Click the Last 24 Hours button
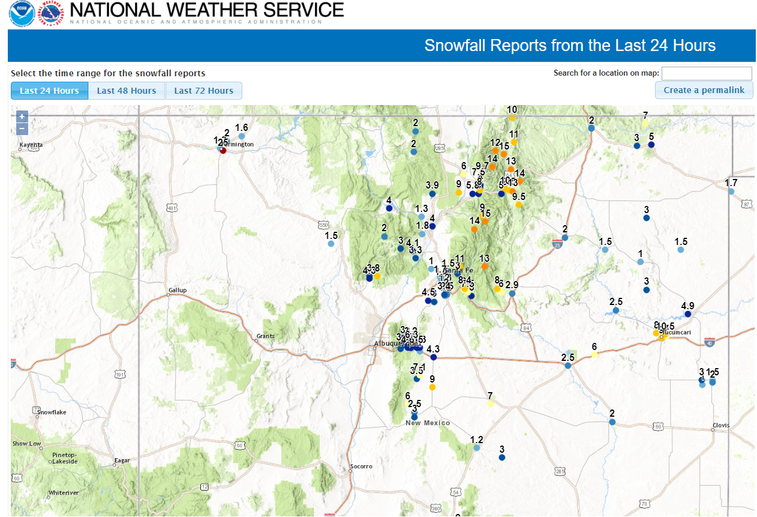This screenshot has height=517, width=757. click(49, 91)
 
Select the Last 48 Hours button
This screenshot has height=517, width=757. click(127, 91)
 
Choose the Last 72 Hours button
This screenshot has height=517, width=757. click(203, 91)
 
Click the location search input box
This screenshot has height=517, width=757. click(706, 73)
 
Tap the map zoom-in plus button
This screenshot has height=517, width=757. click(22, 116)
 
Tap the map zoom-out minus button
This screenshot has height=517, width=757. click(22, 128)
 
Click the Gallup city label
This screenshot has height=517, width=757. click(177, 290)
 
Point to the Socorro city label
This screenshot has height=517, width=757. click(361, 466)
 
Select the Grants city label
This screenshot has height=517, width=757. click(265, 336)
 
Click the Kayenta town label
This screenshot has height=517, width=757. click(31, 145)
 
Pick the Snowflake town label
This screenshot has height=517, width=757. click(52, 413)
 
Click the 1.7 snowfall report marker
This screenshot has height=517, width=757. click(731, 191)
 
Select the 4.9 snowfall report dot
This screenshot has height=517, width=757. click(688, 313)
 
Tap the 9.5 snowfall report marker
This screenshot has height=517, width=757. click(519, 205)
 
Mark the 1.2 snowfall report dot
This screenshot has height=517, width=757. click(476, 448)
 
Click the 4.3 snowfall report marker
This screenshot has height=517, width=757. click(433, 357)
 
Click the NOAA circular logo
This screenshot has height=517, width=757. click(22, 13)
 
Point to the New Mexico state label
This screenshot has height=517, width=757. click(428, 423)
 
